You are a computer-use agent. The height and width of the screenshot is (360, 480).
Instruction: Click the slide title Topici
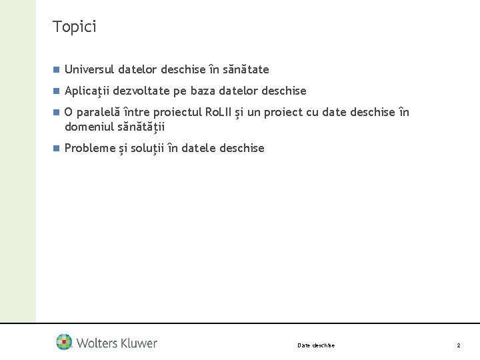pyautogui.click(x=75, y=27)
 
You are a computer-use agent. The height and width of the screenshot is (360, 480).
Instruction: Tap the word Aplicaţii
pyautogui.click(x=89, y=91)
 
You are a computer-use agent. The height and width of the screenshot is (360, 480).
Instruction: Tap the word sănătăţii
pyautogui.click(x=141, y=127)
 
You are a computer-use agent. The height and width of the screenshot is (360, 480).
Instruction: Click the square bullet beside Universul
pyautogui.click(x=57, y=69)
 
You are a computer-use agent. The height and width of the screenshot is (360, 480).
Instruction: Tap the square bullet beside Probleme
pyautogui.click(x=57, y=148)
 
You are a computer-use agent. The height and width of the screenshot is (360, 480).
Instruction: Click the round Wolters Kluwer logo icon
pyautogui.click(x=65, y=342)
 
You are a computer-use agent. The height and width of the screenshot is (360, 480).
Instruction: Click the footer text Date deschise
pyautogui.click(x=316, y=345)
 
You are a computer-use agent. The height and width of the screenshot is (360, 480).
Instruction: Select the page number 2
pyautogui.click(x=458, y=345)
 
